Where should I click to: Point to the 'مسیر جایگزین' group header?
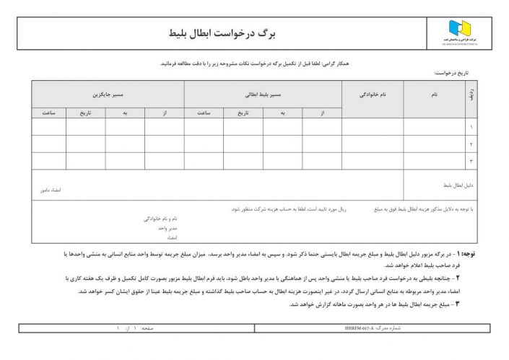pos(106,95)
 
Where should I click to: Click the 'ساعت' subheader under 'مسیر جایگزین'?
pos(49,113)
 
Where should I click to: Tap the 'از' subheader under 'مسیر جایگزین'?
pos(165,113)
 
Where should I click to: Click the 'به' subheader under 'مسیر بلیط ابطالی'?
pos(283,113)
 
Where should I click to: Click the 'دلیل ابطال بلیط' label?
pos(458,185)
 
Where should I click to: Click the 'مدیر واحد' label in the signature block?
pos(168,227)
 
